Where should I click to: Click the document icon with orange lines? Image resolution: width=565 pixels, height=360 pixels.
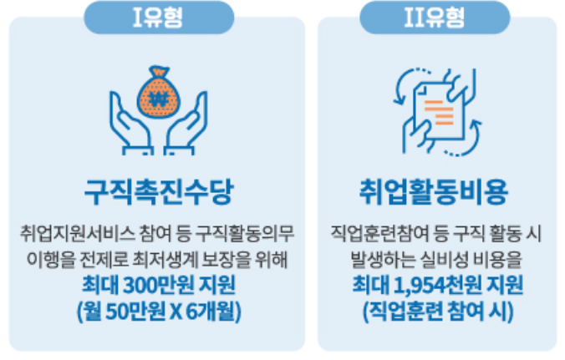click(438, 104)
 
